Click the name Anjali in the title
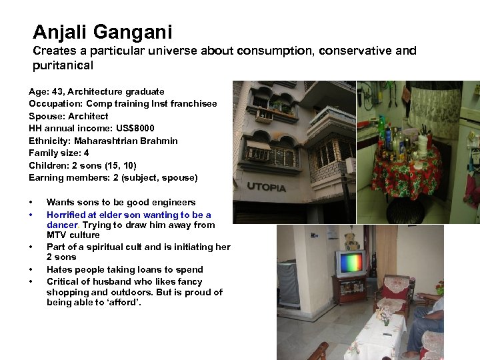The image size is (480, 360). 62,31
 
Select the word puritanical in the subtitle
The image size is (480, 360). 63,65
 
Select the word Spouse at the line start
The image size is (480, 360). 43,116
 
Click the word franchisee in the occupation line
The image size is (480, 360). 195,103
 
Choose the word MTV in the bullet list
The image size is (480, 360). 56,235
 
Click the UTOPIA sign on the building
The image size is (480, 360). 266,187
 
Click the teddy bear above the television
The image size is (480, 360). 351,241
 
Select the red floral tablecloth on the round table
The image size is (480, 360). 405,175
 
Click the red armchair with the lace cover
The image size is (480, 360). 394,293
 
